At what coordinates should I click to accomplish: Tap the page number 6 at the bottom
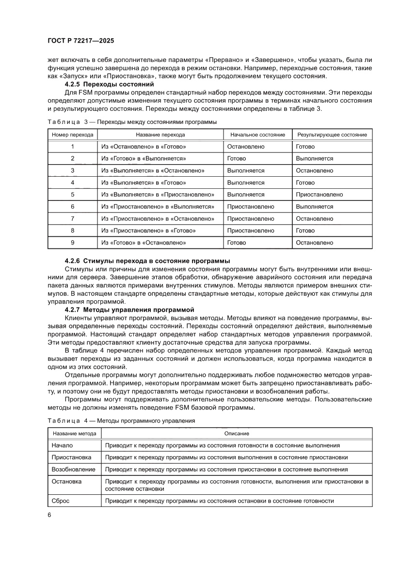pyautogui.click(x=49, y=514)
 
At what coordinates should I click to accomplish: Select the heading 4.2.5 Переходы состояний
pyautogui.click(x=96, y=84)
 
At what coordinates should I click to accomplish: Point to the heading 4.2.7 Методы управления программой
pyautogui.click(x=129, y=308)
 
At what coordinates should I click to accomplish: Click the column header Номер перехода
pyautogui.click(x=72, y=135)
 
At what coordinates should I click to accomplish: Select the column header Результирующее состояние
pyautogui.click(x=332, y=135)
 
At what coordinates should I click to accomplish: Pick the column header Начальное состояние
pyautogui.click(x=257, y=135)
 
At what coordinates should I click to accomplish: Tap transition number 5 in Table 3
pyautogui.click(x=72, y=195)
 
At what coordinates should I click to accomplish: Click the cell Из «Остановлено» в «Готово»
pyautogui.click(x=144, y=147)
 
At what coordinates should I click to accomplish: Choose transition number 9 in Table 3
pyautogui.click(x=72, y=243)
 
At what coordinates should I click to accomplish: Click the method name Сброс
pyautogui.click(x=60, y=501)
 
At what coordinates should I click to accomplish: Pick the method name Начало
pyautogui.click(x=62, y=445)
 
